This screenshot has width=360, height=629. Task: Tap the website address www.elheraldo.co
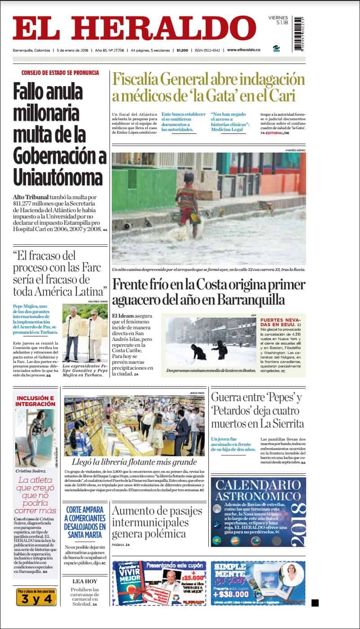[243, 50]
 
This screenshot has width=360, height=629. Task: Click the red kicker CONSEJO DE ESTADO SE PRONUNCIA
[60, 73]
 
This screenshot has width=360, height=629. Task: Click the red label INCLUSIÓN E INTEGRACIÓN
[35, 401]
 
